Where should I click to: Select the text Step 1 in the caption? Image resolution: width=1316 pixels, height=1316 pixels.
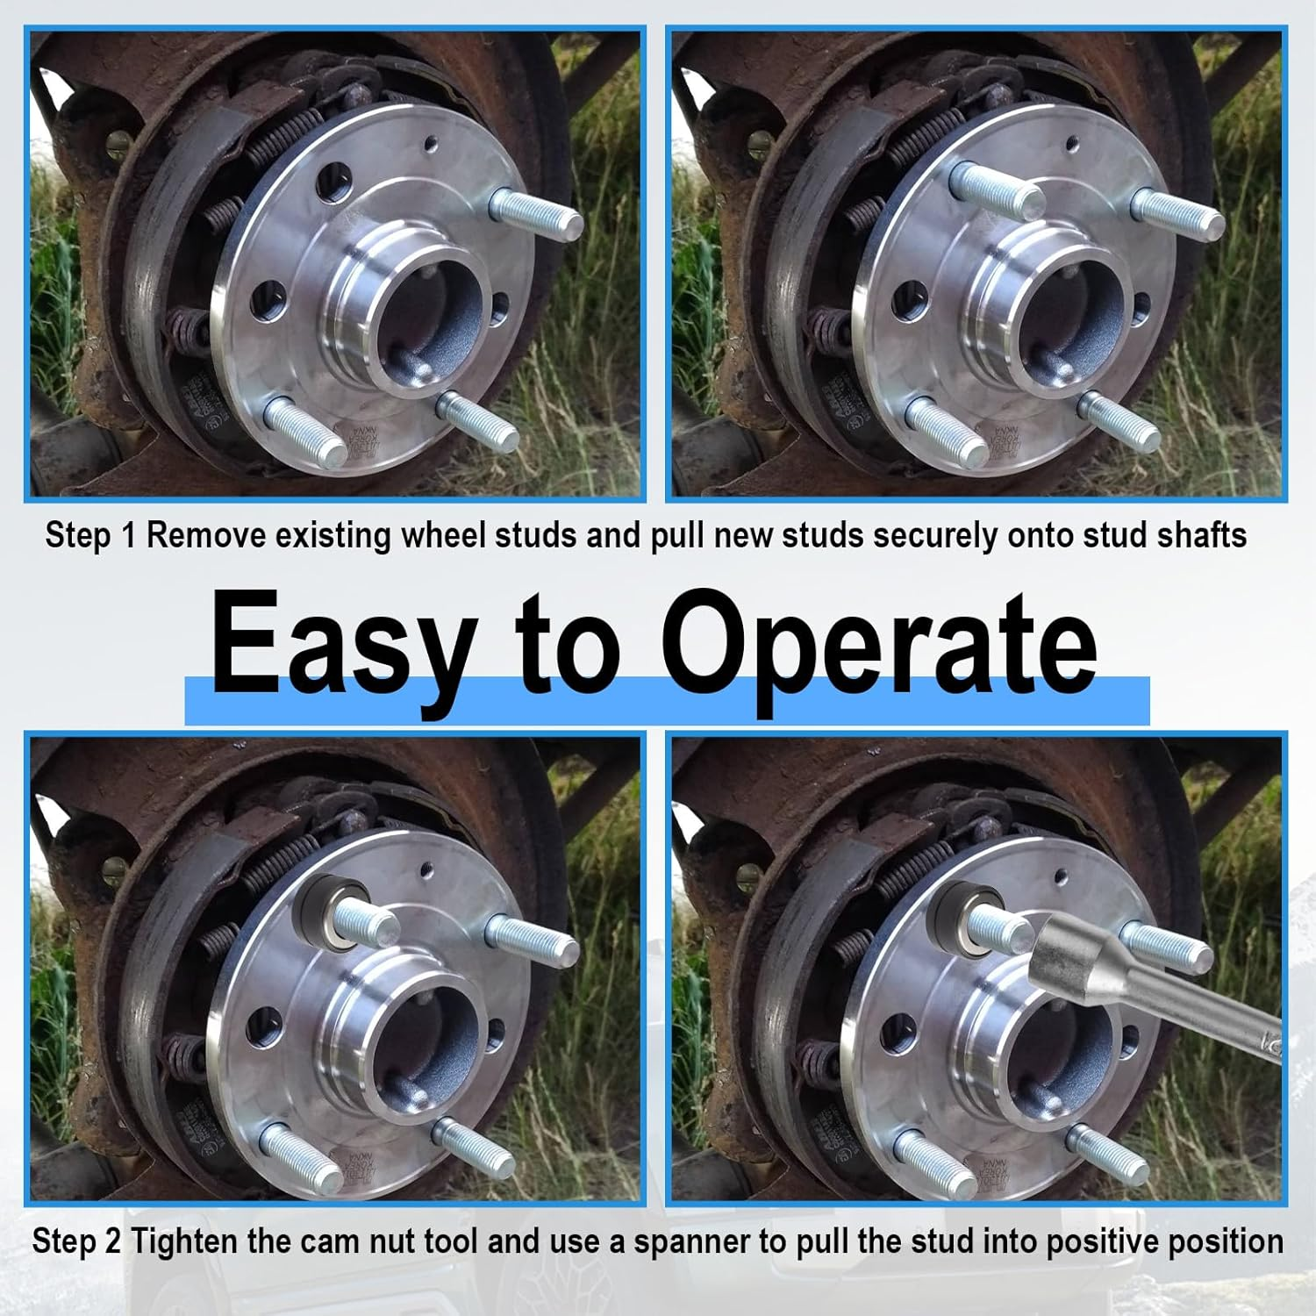pyautogui.click(x=91, y=534)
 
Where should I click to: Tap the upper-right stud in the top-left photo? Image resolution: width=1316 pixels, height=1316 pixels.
pyautogui.click(x=537, y=219)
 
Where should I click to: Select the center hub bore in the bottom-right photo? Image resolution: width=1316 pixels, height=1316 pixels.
pyautogui.click(x=1056, y=1044)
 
